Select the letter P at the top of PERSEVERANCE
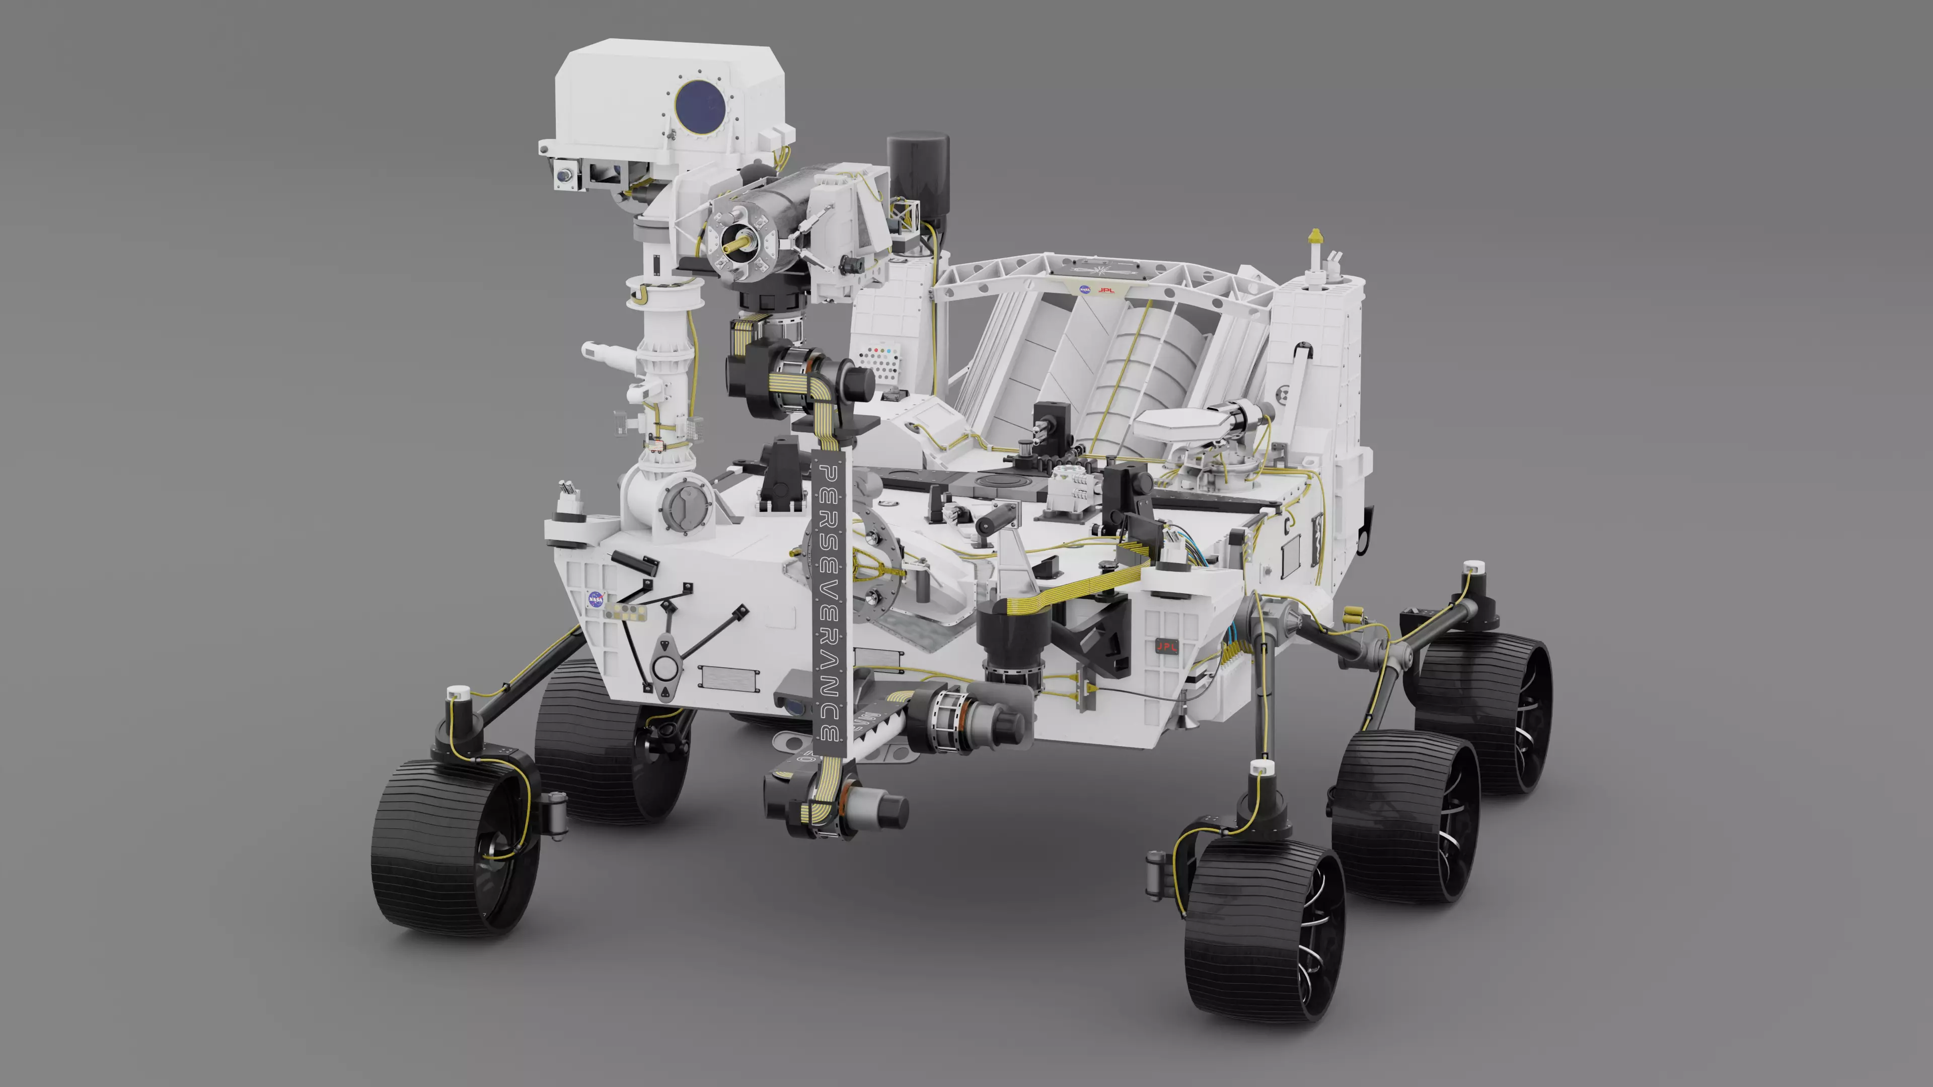tap(829, 474)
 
